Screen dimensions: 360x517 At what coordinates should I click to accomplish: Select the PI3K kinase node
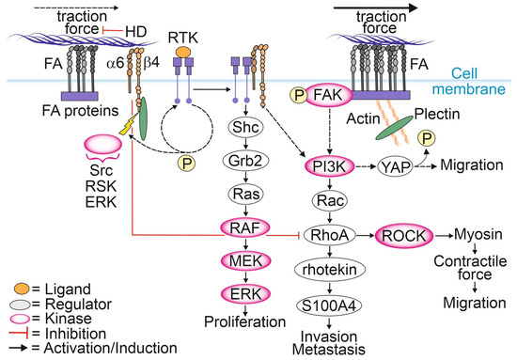point(328,166)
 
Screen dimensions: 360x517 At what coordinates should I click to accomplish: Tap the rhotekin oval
point(328,270)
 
